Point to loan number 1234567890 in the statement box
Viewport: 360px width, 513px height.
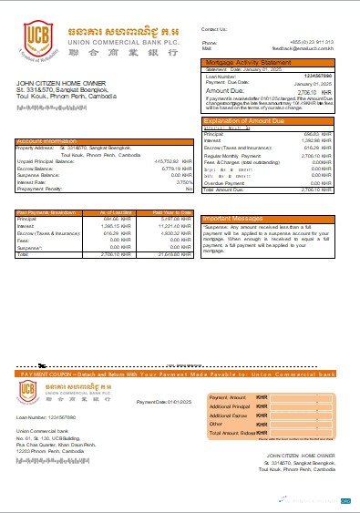[316, 77]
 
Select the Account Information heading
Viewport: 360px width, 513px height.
[46, 141]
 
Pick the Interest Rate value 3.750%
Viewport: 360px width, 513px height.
[184, 181]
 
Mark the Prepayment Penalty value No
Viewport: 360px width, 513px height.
[189, 188]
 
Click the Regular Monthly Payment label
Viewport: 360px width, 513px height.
[229, 156]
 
